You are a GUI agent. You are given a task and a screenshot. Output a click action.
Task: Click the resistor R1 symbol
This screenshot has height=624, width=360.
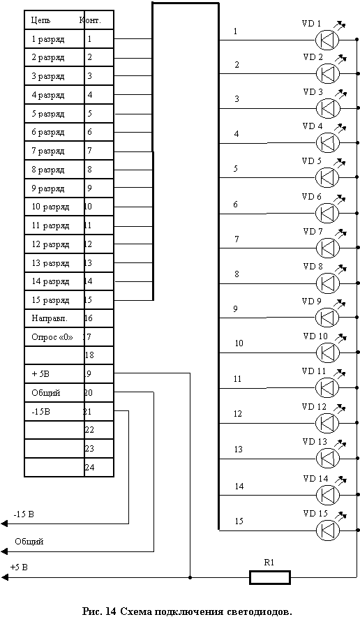(270, 577)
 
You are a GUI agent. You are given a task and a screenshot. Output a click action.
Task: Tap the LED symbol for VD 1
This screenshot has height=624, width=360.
(327, 40)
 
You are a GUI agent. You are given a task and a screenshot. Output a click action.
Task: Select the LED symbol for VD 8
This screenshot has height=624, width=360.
(328, 283)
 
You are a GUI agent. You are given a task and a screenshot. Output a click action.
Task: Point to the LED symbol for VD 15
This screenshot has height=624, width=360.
(328, 530)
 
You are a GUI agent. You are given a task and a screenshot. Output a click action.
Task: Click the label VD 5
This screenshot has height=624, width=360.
(312, 161)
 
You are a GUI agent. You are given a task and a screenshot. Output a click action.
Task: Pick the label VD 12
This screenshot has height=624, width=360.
(314, 407)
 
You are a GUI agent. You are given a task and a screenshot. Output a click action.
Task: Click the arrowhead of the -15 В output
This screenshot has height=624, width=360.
(4, 523)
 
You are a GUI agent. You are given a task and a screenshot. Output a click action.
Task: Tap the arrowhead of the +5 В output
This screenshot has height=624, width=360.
(4, 577)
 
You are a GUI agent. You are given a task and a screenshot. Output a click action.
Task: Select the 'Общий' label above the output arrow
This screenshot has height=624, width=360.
(29, 542)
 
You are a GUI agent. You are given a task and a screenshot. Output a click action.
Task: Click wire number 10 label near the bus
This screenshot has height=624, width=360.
(239, 343)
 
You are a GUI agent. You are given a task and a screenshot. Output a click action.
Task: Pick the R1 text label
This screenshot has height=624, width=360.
(269, 563)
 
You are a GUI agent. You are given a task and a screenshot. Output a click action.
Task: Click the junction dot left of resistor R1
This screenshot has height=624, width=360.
(191, 577)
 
